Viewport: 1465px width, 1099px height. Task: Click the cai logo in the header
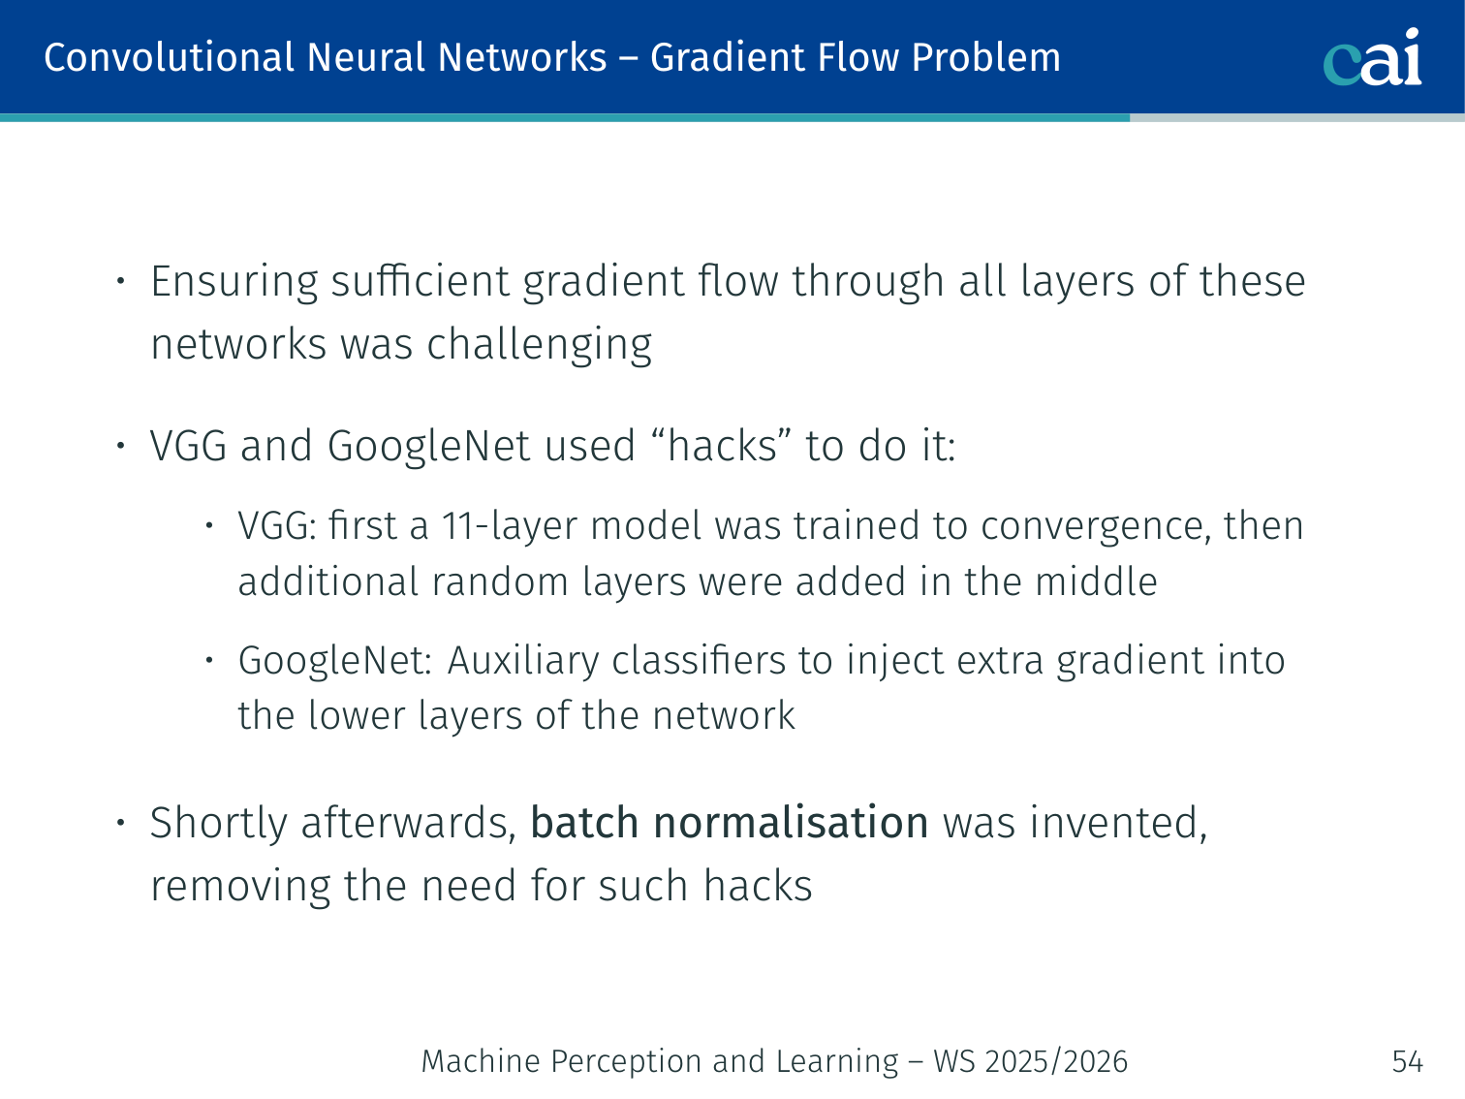[x=1372, y=58]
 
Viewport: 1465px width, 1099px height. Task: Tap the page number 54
[x=1407, y=1062]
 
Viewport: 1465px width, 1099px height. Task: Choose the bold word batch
[x=584, y=823]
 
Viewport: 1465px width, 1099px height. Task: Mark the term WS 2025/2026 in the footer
[x=1030, y=1062]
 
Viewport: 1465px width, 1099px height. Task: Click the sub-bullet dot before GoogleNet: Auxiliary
[x=208, y=661]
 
